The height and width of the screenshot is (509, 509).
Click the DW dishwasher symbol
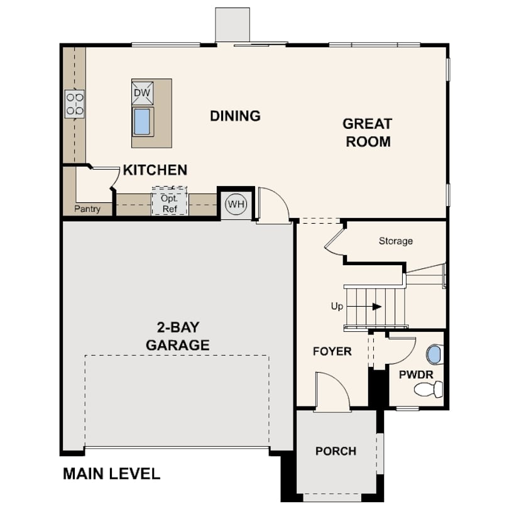pyautogui.click(x=142, y=93)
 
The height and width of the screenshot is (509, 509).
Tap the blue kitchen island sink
pyautogui.click(x=142, y=121)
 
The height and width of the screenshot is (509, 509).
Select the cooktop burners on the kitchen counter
pyautogui.click(x=75, y=104)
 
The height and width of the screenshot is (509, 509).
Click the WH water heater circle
pyautogui.click(x=236, y=204)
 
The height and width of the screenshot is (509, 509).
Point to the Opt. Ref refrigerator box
pyautogui.click(x=170, y=200)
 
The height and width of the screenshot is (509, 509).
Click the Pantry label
pyautogui.click(x=87, y=209)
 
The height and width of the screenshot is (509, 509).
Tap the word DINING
pyautogui.click(x=236, y=116)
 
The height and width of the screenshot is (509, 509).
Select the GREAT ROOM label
pyautogui.click(x=368, y=133)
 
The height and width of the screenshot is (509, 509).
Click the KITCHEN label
pyautogui.click(x=155, y=170)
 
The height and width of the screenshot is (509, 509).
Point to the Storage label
pyautogui.click(x=396, y=241)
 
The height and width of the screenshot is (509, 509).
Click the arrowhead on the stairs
pyautogui.click(x=376, y=307)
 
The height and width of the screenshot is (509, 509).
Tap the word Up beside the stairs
pyautogui.click(x=337, y=306)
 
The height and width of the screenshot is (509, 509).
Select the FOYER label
pyautogui.click(x=332, y=351)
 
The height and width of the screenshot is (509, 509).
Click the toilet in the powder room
pyautogui.click(x=429, y=389)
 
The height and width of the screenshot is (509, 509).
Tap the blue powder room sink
pyautogui.click(x=434, y=354)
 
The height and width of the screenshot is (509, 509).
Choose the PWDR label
pyautogui.click(x=416, y=375)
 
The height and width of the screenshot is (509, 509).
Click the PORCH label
pyautogui.click(x=336, y=451)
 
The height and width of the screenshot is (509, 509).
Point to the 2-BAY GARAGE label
pyautogui.click(x=178, y=336)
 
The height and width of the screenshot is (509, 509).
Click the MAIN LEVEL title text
pyautogui.click(x=111, y=474)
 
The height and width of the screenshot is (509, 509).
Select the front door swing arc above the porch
pyautogui.click(x=339, y=381)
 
